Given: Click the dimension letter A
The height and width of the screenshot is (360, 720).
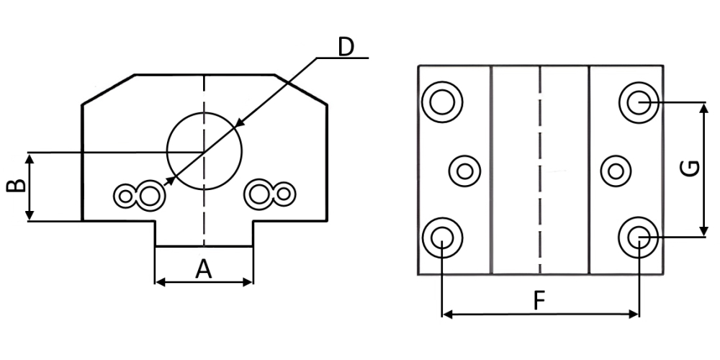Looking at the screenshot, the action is click(204, 269).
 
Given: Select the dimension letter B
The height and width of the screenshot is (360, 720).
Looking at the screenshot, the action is click(16, 186).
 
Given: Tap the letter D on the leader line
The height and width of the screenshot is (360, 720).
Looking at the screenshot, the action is click(346, 47).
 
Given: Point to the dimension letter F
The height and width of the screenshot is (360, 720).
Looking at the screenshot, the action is click(539, 301).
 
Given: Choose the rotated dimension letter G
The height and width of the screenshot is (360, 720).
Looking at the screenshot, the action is click(690, 168).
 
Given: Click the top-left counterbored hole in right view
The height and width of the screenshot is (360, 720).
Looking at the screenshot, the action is click(442, 102).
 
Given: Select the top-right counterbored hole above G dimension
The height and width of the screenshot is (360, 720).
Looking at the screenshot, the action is click(639, 102).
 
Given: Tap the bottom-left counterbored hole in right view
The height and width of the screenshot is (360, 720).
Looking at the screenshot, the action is click(442, 238).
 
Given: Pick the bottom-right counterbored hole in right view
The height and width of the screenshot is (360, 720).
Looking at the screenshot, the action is click(639, 238).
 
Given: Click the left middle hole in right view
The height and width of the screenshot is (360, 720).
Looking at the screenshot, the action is click(464, 171).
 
